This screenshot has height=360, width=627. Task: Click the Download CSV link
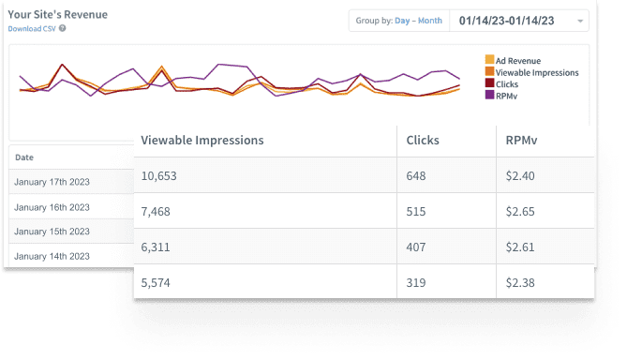click(31, 28)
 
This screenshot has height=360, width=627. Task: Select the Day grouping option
click(403, 21)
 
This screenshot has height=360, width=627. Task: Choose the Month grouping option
click(430, 21)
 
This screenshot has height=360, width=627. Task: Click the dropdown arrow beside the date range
click(581, 21)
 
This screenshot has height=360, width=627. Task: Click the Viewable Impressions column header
click(202, 141)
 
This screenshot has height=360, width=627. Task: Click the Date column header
click(24, 157)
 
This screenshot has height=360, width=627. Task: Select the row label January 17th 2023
click(52, 182)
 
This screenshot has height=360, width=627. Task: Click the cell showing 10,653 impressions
click(159, 175)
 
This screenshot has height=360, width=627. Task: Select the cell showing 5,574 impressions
click(157, 282)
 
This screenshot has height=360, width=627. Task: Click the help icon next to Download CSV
click(62, 28)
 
